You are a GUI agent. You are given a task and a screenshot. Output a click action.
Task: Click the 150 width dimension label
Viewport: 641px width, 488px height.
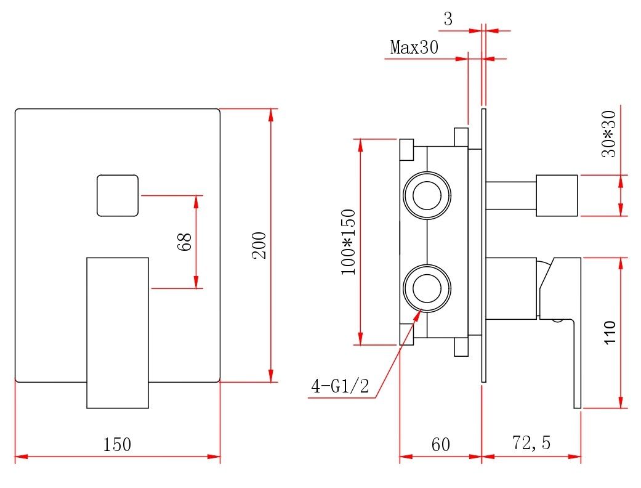(117, 444)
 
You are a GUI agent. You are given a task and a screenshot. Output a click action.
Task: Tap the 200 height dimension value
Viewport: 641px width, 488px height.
(259, 245)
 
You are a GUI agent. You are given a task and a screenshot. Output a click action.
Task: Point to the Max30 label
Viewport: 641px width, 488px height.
(414, 47)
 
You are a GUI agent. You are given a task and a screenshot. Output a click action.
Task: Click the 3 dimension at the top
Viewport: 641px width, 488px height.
(448, 19)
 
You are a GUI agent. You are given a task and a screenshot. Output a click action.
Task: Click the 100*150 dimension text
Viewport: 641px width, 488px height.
(349, 242)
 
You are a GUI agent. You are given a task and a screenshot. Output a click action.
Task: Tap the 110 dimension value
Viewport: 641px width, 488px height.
(609, 333)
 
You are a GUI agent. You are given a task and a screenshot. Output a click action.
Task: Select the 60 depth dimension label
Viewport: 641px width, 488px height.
(440, 444)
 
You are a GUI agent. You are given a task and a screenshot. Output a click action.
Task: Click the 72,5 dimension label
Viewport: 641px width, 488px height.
(531, 443)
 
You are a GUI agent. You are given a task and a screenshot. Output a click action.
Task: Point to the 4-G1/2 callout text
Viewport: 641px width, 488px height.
(340, 387)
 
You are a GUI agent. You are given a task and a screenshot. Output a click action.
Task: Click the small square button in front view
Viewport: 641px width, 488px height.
(117, 195)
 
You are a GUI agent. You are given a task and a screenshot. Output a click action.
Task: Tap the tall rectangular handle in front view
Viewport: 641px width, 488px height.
(118, 333)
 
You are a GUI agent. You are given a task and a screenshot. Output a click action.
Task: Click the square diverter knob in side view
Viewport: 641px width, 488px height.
(557, 195)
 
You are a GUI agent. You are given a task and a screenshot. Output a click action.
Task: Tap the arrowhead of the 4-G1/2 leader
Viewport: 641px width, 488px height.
(421, 313)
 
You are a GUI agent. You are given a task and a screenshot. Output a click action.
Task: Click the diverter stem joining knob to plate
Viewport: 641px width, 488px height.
(511, 195)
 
